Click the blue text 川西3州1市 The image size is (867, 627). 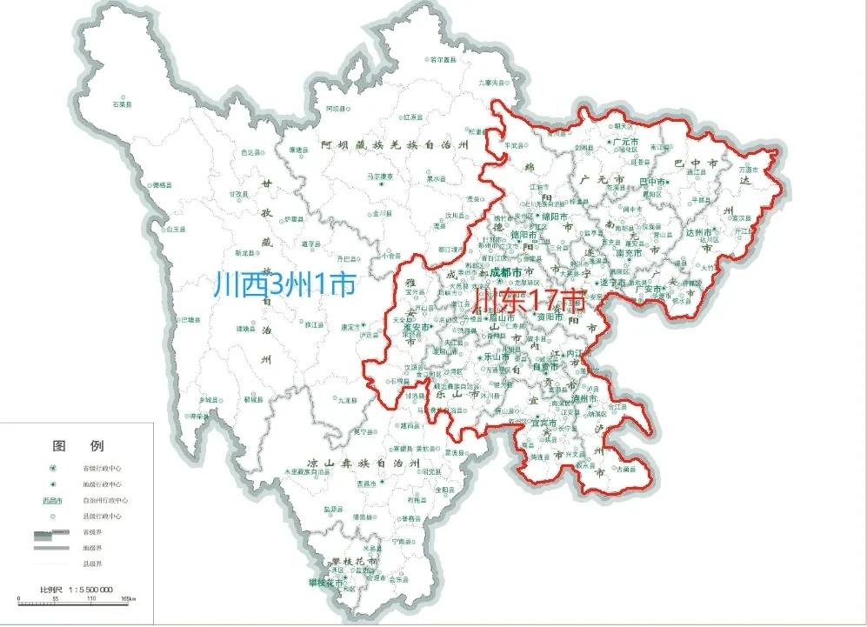(x=285, y=284)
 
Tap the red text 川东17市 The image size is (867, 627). (x=527, y=303)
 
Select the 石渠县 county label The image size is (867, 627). (x=122, y=104)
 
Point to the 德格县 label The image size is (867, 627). (x=162, y=185)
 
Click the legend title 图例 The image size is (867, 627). (x=78, y=446)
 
